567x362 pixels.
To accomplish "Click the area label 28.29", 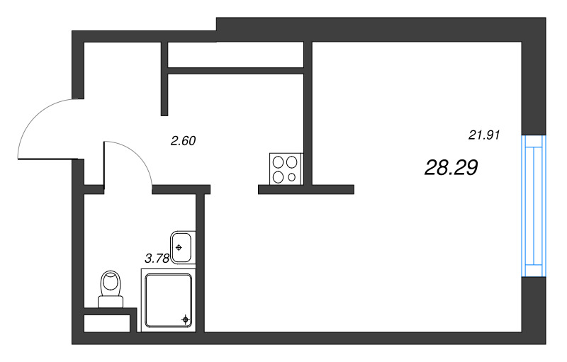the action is click(x=451, y=168).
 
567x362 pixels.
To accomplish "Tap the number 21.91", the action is click(x=484, y=135).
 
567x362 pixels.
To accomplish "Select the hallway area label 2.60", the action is click(x=184, y=140).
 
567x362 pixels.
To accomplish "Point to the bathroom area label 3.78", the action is click(x=157, y=258).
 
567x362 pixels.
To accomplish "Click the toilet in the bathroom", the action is click(x=111, y=289).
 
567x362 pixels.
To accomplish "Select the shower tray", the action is click(x=169, y=300).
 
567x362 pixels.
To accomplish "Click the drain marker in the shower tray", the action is click(x=186, y=319).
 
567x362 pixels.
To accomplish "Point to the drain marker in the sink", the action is click(x=179, y=247).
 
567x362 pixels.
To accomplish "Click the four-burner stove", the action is click(x=286, y=169).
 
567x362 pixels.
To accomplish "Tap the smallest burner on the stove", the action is click(x=292, y=177).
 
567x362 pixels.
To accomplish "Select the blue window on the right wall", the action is click(x=534, y=206).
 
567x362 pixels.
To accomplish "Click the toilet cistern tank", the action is click(x=111, y=302).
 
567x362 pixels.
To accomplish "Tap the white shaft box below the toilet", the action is click(x=107, y=323).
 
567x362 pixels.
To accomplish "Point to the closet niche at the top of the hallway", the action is click(x=235, y=55).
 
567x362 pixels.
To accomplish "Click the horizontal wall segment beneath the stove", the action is click(x=306, y=190).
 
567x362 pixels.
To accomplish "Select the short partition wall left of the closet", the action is click(x=164, y=79).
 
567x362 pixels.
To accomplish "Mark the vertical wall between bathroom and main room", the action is click(x=201, y=263).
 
